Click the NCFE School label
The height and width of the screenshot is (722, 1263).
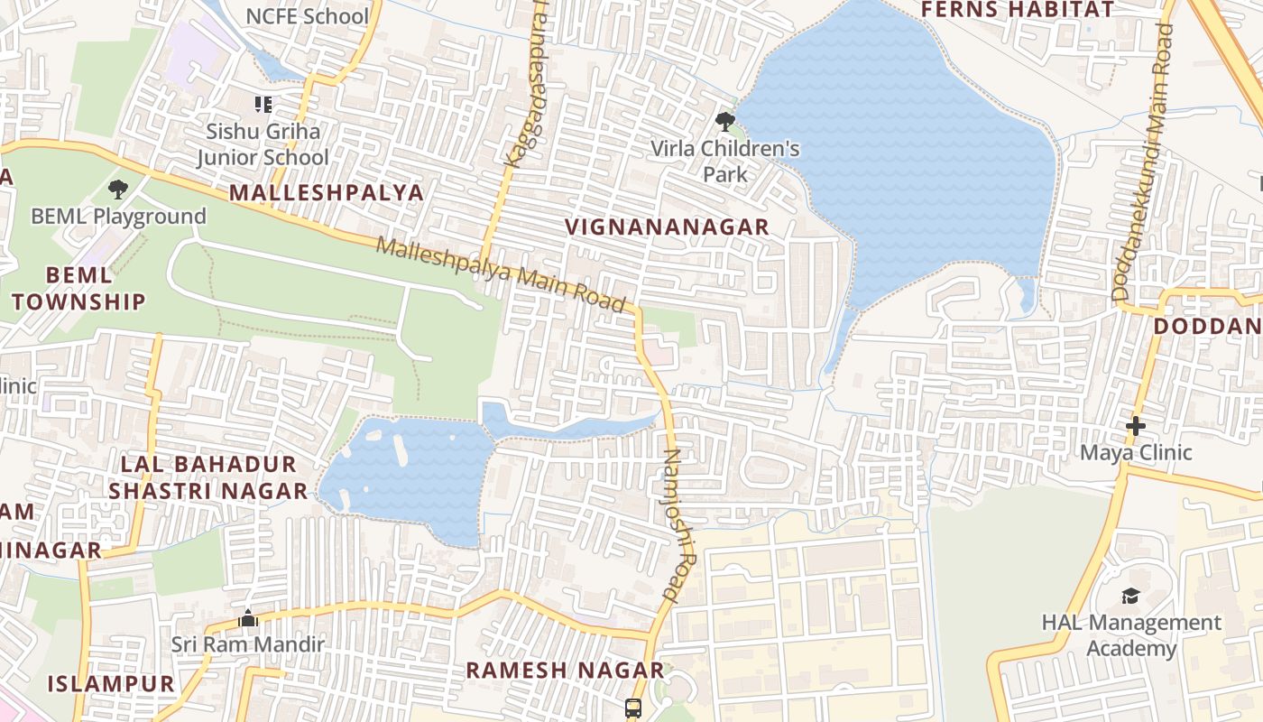click(308, 16)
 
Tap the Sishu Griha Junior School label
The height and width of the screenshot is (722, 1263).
click(263, 144)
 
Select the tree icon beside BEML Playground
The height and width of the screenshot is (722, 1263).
click(117, 190)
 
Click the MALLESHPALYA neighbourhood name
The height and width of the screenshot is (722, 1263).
click(326, 192)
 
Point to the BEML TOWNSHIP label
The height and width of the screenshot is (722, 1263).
click(78, 288)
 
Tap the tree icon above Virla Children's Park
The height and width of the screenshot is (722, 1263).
click(724, 121)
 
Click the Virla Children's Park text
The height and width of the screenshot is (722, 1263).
click(726, 161)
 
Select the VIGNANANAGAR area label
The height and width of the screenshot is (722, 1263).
click(668, 227)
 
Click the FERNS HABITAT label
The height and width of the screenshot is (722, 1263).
click(1017, 10)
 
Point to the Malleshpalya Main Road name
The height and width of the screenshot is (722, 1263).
click(501, 275)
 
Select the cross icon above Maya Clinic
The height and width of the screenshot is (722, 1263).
click(1136, 425)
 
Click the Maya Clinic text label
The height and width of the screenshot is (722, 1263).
click(1136, 452)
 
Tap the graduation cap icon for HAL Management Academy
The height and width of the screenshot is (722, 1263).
click(1130, 596)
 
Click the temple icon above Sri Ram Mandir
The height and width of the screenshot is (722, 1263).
click(248, 618)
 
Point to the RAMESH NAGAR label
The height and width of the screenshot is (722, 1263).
click(565, 671)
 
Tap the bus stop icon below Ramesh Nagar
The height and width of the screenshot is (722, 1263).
click(633, 708)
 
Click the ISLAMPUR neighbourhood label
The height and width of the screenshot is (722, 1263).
click(111, 683)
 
